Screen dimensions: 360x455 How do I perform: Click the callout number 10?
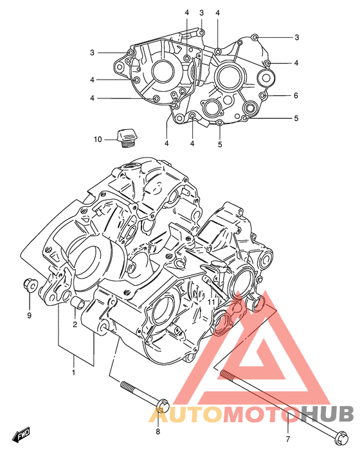pyautogui.click(x=98, y=139)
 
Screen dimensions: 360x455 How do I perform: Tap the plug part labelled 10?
pyautogui.click(x=127, y=138)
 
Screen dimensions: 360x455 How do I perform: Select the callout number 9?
pyautogui.click(x=29, y=316)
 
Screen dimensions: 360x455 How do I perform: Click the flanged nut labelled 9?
pyautogui.click(x=30, y=285)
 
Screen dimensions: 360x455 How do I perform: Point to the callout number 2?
pyautogui.click(x=75, y=325)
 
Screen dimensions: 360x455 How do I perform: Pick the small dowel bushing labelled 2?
pyautogui.click(x=78, y=303)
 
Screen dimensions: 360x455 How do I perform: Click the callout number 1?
pyautogui.click(x=73, y=372)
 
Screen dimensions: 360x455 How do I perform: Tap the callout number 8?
pyautogui.click(x=157, y=431)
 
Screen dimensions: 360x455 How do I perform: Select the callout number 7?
pyautogui.click(x=288, y=439)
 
